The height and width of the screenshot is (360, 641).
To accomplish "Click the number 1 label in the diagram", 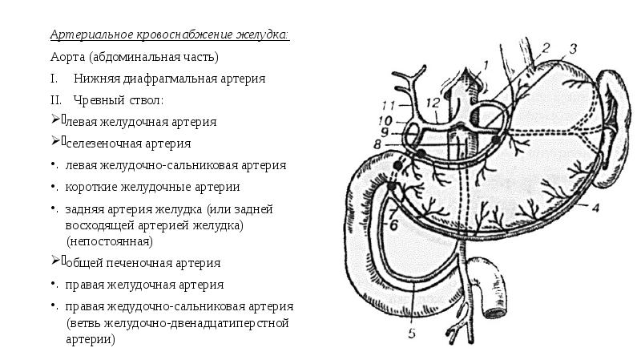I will point(486,63).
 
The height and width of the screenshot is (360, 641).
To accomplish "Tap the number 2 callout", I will point(546,48).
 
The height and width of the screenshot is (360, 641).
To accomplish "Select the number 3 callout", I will point(573,47).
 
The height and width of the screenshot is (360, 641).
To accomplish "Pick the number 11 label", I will point(388,105).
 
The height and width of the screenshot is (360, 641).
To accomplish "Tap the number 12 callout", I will point(433,102).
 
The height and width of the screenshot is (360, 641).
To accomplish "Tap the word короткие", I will point(91,188).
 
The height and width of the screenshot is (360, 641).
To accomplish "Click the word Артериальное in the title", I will point(89,36).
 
